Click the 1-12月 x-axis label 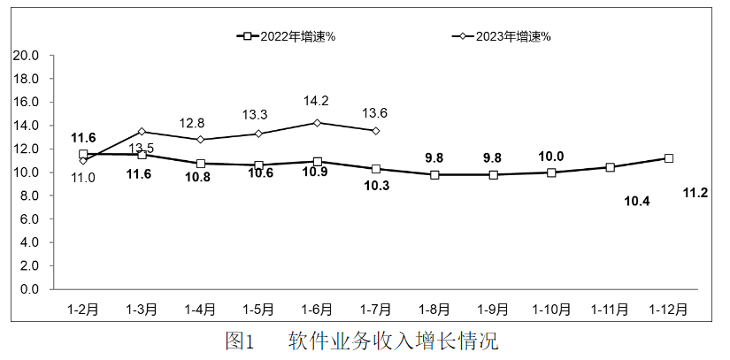point(668,310)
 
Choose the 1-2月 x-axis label point(83,310)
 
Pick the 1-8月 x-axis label point(434,310)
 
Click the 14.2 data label point(316,100)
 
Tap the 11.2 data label point(695,193)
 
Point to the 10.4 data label point(637,202)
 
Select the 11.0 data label point(83,178)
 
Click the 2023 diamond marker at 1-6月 point(318,123)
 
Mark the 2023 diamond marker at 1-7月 point(376,130)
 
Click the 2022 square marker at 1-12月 point(669,158)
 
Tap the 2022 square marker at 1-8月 point(434,174)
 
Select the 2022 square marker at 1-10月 point(551,172)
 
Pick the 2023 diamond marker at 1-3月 point(142,131)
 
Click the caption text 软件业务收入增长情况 point(393,341)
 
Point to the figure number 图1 point(240,341)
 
